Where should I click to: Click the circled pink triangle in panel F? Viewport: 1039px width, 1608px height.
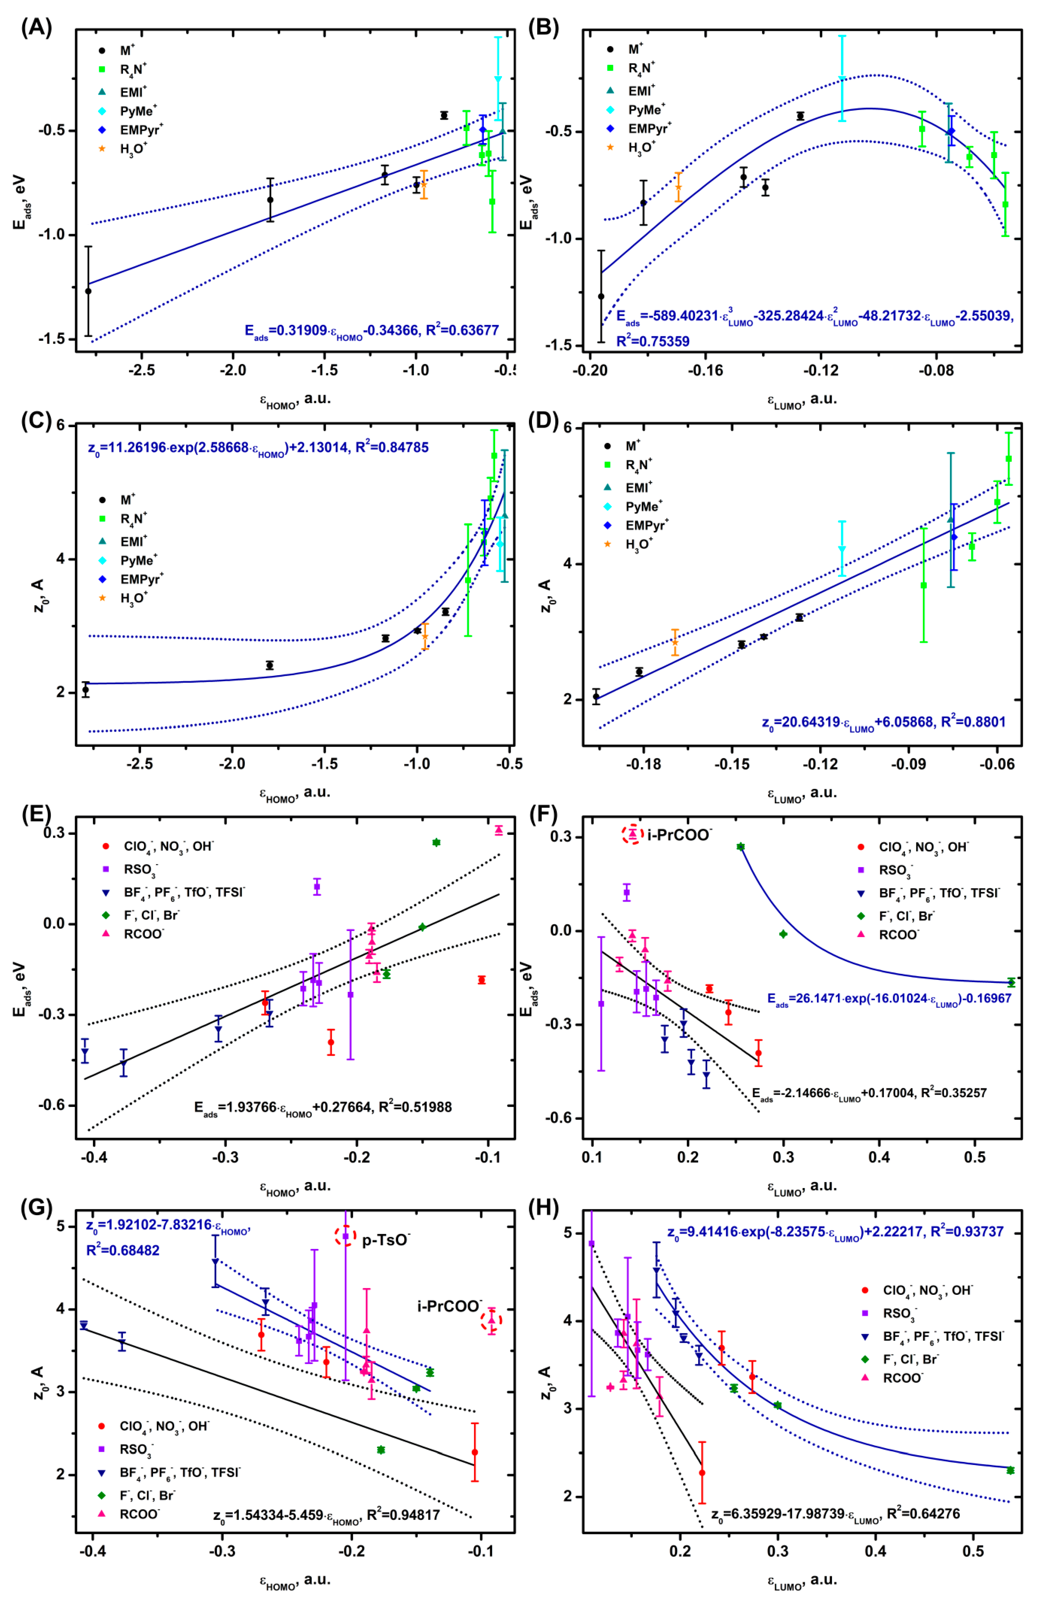click(x=633, y=834)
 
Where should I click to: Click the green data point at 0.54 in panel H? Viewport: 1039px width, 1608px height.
click(x=1010, y=1470)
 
